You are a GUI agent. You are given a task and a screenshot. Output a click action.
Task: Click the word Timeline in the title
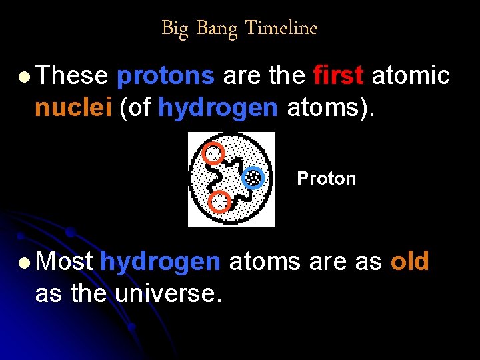point(281,28)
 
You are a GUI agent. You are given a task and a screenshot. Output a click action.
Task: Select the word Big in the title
point(175,28)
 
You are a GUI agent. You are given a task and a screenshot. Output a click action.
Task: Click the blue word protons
point(165,77)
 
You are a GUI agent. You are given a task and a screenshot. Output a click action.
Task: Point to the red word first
point(338,77)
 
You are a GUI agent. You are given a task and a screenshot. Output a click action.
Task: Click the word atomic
point(411,77)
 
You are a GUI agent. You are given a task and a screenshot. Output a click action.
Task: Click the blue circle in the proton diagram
point(253,177)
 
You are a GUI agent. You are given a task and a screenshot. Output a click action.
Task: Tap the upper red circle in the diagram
point(213,154)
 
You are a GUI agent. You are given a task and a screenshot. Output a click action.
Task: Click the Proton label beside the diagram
point(326,179)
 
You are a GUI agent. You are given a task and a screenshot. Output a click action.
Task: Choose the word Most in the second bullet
point(63,262)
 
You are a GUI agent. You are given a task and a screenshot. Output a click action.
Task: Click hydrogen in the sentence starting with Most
point(160,262)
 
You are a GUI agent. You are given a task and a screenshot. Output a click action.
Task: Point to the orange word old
point(409,262)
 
